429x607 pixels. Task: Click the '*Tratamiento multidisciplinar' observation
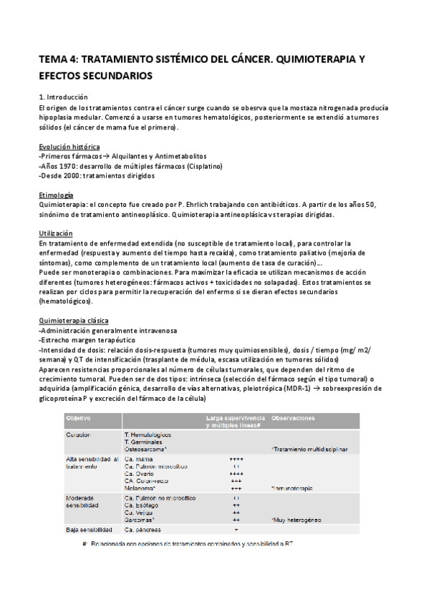pyautogui.click(x=309, y=450)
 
